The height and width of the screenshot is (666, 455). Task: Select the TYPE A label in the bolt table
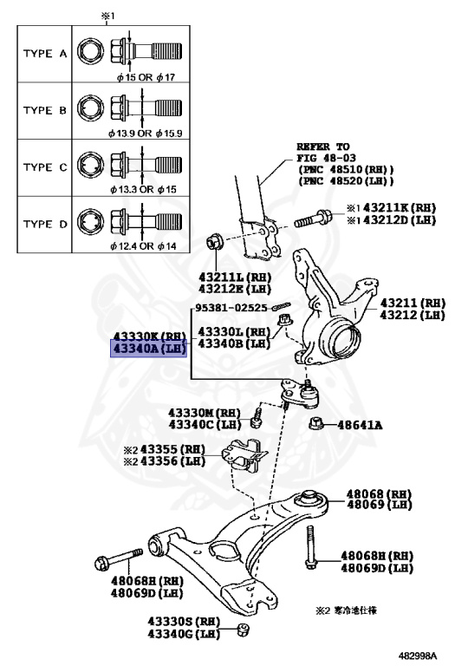44,54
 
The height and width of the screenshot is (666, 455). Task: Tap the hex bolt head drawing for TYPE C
89,165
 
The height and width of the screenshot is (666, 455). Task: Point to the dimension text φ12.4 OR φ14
146,246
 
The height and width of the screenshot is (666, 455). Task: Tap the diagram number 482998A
419,656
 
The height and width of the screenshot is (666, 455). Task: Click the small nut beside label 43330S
244,628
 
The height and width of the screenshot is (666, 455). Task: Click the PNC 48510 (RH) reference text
345,169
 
